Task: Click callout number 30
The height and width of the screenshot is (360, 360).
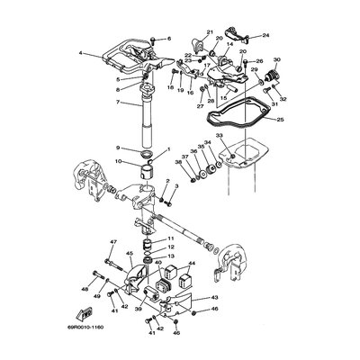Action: click(x=276, y=60)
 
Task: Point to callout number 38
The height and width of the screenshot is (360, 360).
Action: click(x=178, y=162)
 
